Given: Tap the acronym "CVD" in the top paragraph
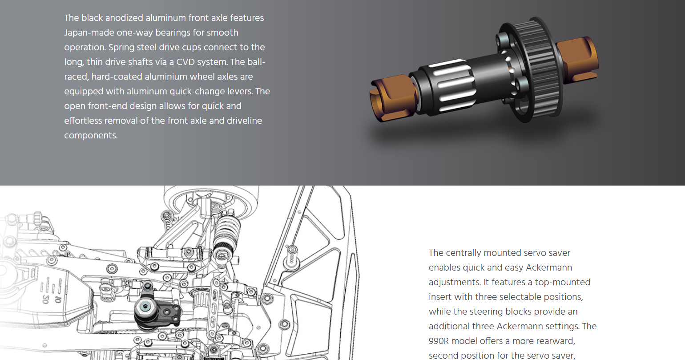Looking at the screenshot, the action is [185, 62].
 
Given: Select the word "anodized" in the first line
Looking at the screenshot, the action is [124, 18].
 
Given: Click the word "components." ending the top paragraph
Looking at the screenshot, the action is [91, 135].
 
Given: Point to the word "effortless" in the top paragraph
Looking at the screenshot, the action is [83, 121].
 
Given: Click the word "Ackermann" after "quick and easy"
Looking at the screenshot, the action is [548, 267].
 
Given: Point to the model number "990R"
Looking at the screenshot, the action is [439, 341].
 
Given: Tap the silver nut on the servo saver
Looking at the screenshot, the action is [145, 307].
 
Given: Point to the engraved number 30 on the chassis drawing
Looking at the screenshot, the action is [45, 299].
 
